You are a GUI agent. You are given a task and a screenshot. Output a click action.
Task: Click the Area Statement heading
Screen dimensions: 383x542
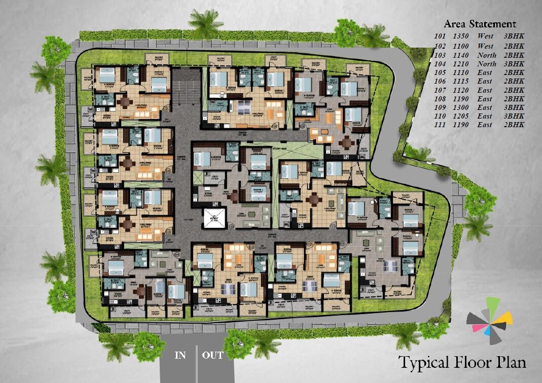(480, 24)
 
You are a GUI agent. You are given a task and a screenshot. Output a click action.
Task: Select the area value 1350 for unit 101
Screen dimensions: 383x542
(460, 36)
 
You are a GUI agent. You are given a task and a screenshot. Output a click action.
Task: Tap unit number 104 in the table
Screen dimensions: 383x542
(441, 64)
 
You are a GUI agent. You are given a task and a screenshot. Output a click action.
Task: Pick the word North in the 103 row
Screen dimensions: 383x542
(486, 55)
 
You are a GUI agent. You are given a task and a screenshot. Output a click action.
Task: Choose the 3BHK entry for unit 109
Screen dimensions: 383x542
(514, 107)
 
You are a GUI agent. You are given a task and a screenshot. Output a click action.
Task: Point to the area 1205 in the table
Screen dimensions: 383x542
(460, 116)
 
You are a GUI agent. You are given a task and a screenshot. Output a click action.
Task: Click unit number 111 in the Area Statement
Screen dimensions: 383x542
(441, 125)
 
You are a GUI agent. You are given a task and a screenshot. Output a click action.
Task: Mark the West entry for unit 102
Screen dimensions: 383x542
(485, 46)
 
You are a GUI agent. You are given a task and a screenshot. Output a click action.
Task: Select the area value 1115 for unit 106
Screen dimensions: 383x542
(460, 81)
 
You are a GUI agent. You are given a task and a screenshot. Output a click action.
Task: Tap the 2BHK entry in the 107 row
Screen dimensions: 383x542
(514, 90)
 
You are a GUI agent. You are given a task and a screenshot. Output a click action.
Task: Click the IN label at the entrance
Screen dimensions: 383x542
(180, 355)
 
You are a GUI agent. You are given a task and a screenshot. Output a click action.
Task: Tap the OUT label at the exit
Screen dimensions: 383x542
(213, 355)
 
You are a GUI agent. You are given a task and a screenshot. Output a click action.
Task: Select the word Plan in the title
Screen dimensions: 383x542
(510, 363)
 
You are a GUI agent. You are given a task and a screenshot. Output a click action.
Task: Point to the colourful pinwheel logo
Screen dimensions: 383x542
(489, 319)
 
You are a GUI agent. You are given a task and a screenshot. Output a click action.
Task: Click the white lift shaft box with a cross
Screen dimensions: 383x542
(213, 218)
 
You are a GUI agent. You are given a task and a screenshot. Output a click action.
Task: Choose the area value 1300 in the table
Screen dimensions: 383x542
(460, 107)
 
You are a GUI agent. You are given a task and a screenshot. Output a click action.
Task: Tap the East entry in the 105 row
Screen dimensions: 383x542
(485, 72)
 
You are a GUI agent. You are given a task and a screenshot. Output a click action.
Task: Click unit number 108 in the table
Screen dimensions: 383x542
(441, 99)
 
